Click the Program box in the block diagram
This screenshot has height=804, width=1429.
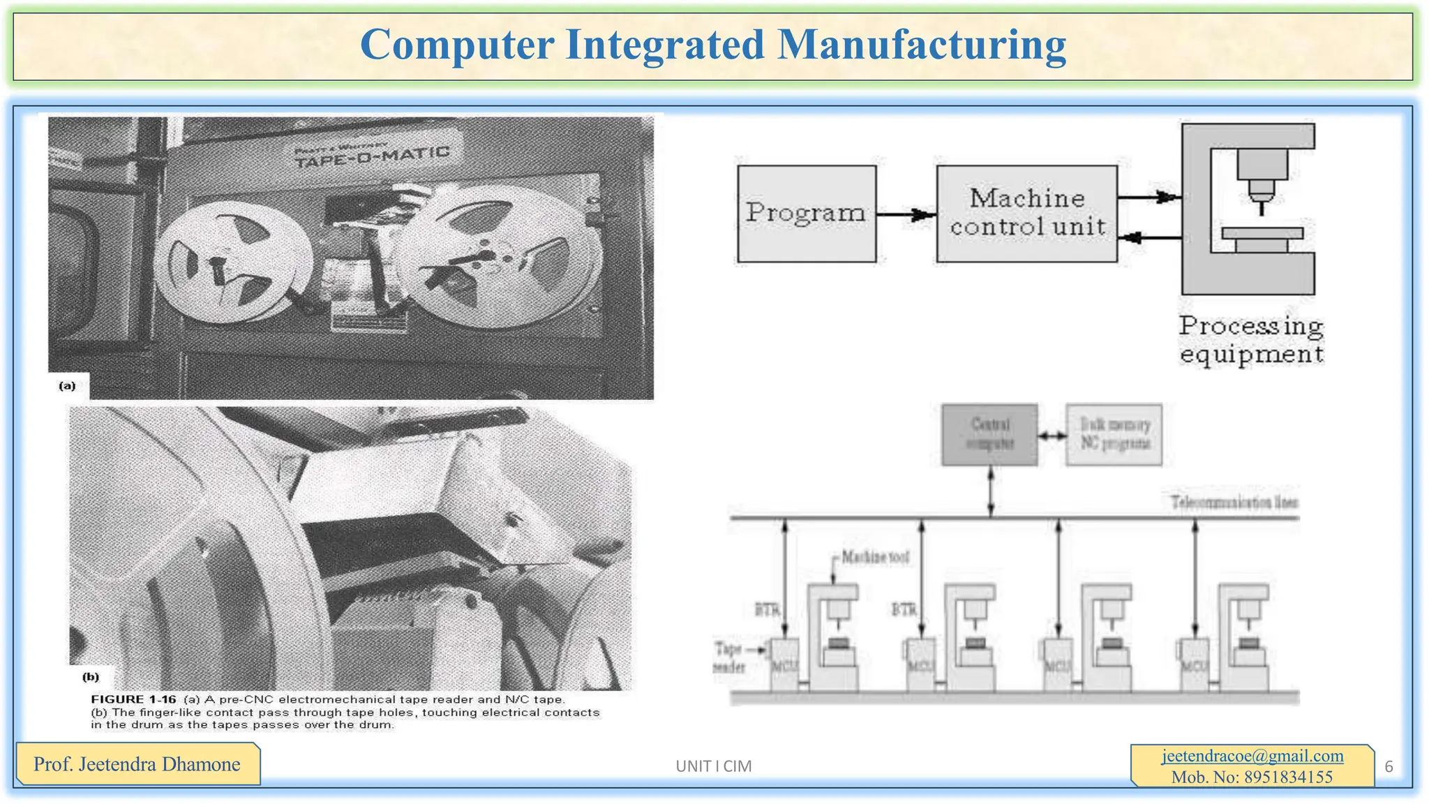(806, 214)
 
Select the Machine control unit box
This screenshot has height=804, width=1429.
(1026, 214)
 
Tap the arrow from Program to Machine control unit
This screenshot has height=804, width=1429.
(906, 214)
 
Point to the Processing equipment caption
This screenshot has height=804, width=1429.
(1251, 340)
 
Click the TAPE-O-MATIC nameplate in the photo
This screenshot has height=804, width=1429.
(371, 156)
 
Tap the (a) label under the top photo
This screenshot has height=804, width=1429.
(67, 386)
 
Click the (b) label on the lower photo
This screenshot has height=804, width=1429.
(91, 676)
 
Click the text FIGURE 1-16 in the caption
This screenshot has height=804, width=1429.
(133, 699)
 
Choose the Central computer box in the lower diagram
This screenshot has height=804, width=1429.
(989, 434)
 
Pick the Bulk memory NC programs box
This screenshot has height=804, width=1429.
(1114, 434)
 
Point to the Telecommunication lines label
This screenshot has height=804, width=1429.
(1234, 502)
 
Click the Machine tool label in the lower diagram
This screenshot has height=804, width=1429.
(875, 557)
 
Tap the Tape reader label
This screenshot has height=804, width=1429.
(729, 657)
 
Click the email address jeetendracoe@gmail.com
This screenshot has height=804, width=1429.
(1252, 756)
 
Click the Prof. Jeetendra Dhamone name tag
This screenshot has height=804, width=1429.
(137, 764)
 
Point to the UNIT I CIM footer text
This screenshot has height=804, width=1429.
(713, 766)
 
